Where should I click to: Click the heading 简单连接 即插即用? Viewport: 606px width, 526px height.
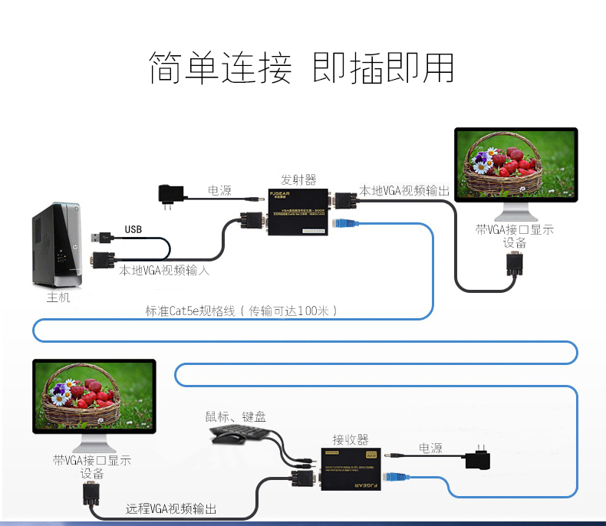click(x=301, y=67)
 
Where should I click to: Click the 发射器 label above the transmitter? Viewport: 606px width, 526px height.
click(x=299, y=179)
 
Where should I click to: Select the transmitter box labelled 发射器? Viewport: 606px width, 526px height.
click(x=298, y=211)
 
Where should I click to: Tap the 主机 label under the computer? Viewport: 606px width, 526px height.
click(x=58, y=297)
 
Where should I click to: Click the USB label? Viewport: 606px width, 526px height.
click(x=133, y=229)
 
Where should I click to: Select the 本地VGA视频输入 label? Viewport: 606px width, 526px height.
click(x=164, y=270)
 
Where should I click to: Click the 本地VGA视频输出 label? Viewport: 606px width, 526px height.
click(x=404, y=189)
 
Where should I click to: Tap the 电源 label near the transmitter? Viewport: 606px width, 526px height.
click(x=219, y=190)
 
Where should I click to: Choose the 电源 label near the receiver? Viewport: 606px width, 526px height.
click(x=430, y=447)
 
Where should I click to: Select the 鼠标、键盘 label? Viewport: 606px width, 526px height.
click(x=235, y=416)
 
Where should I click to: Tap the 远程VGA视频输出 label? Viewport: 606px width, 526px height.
click(x=171, y=508)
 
